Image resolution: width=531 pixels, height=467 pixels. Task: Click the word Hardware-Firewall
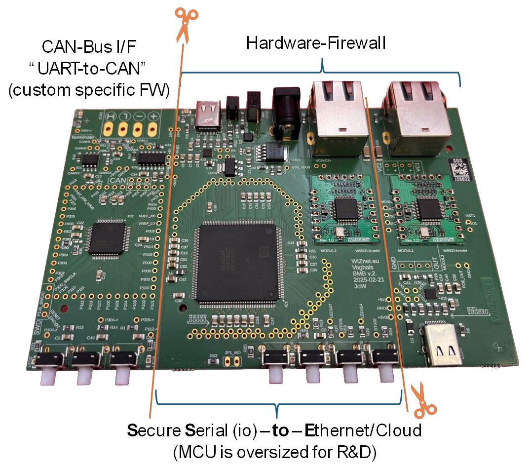(x=316, y=43)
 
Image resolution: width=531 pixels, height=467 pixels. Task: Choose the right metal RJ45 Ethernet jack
(x=419, y=111)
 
